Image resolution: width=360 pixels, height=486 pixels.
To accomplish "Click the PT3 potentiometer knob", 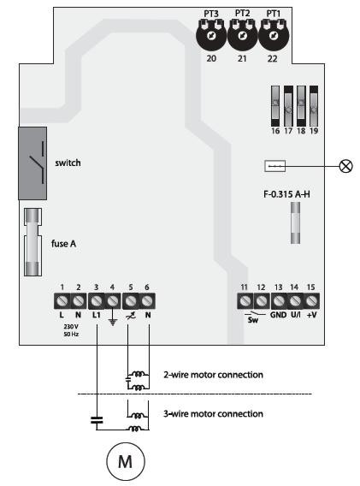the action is click(x=211, y=36).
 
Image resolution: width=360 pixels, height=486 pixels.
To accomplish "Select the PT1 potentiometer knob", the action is click(x=274, y=36).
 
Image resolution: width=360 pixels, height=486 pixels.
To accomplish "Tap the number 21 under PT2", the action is click(x=242, y=58).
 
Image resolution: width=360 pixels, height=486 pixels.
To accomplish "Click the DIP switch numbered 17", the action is click(x=288, y=106).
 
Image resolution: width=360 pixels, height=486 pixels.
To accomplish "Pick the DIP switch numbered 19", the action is click(x=314, y=106).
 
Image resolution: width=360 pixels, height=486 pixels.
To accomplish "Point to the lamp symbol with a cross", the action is click(x=345, y=166).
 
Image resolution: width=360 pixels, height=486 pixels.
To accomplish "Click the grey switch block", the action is click(x=32, y=163).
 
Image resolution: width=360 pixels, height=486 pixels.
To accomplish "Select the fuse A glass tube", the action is click(x=32, y=242).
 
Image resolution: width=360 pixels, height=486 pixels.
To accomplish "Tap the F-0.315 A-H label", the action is click(x=286, y=194).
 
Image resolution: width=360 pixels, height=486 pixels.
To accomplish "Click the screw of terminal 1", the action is click(x=62, y=300).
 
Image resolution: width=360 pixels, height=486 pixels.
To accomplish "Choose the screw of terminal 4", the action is click(x=113, y=300).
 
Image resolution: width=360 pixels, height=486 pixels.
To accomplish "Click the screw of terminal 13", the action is click(x=279, y=300).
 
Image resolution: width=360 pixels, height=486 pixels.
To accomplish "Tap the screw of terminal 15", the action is click(x=311, y=300).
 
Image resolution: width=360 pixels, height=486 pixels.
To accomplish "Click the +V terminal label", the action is click(x=311, y=315).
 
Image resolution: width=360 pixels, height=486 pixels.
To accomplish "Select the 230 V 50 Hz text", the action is click(x=71, y=330).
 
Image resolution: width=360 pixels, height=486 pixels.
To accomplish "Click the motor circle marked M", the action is click(x=126, y=461).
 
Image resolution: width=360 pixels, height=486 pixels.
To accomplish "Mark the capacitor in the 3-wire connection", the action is click(x=97, y=420).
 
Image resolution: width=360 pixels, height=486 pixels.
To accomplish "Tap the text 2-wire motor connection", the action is click(x=213, y=375).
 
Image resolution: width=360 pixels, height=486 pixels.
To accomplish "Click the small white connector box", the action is click(x=274, y=166).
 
